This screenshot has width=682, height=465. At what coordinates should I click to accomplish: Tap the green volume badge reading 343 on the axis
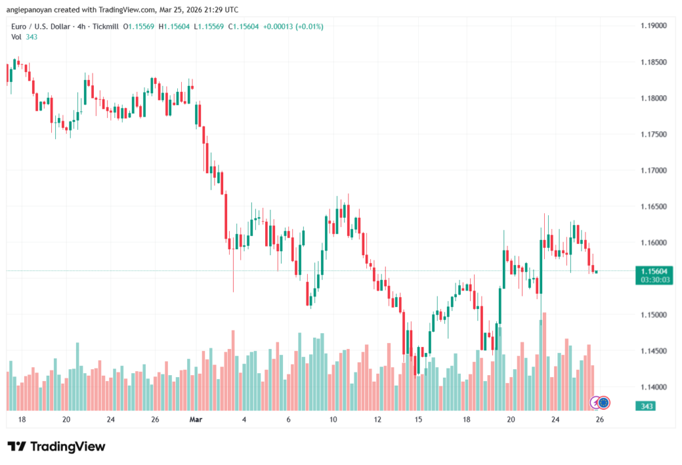[x=645, y=406]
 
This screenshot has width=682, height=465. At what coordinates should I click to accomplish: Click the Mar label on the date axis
[x=195, y=420]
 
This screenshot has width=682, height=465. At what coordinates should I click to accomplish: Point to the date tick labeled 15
[x=418, y=420]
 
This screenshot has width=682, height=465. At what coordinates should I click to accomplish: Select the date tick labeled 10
[x=332, y=420]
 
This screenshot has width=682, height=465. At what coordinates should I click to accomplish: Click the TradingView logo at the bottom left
[x=56, y=446]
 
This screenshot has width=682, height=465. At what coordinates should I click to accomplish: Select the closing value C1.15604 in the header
[x=244, y=26]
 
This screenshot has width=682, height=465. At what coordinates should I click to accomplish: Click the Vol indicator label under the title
[x=17, y=37]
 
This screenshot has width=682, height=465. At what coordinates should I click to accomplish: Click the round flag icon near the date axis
[x=603, y=402]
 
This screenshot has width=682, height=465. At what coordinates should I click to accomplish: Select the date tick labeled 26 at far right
[x=599, y=420]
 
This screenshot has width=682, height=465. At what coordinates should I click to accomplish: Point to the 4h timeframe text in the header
[x=81, y=26]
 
